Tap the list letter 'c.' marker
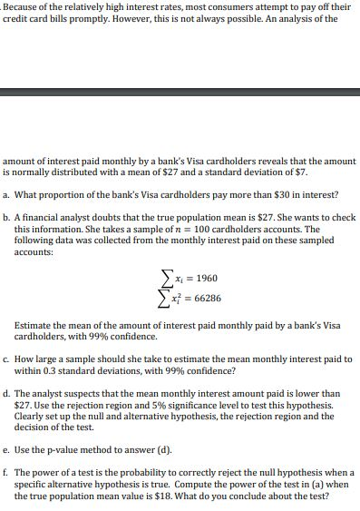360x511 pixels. [x=6, y=359]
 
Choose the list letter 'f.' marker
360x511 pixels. [x=6, y=473]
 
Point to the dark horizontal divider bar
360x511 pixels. [x=180, y=92]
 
